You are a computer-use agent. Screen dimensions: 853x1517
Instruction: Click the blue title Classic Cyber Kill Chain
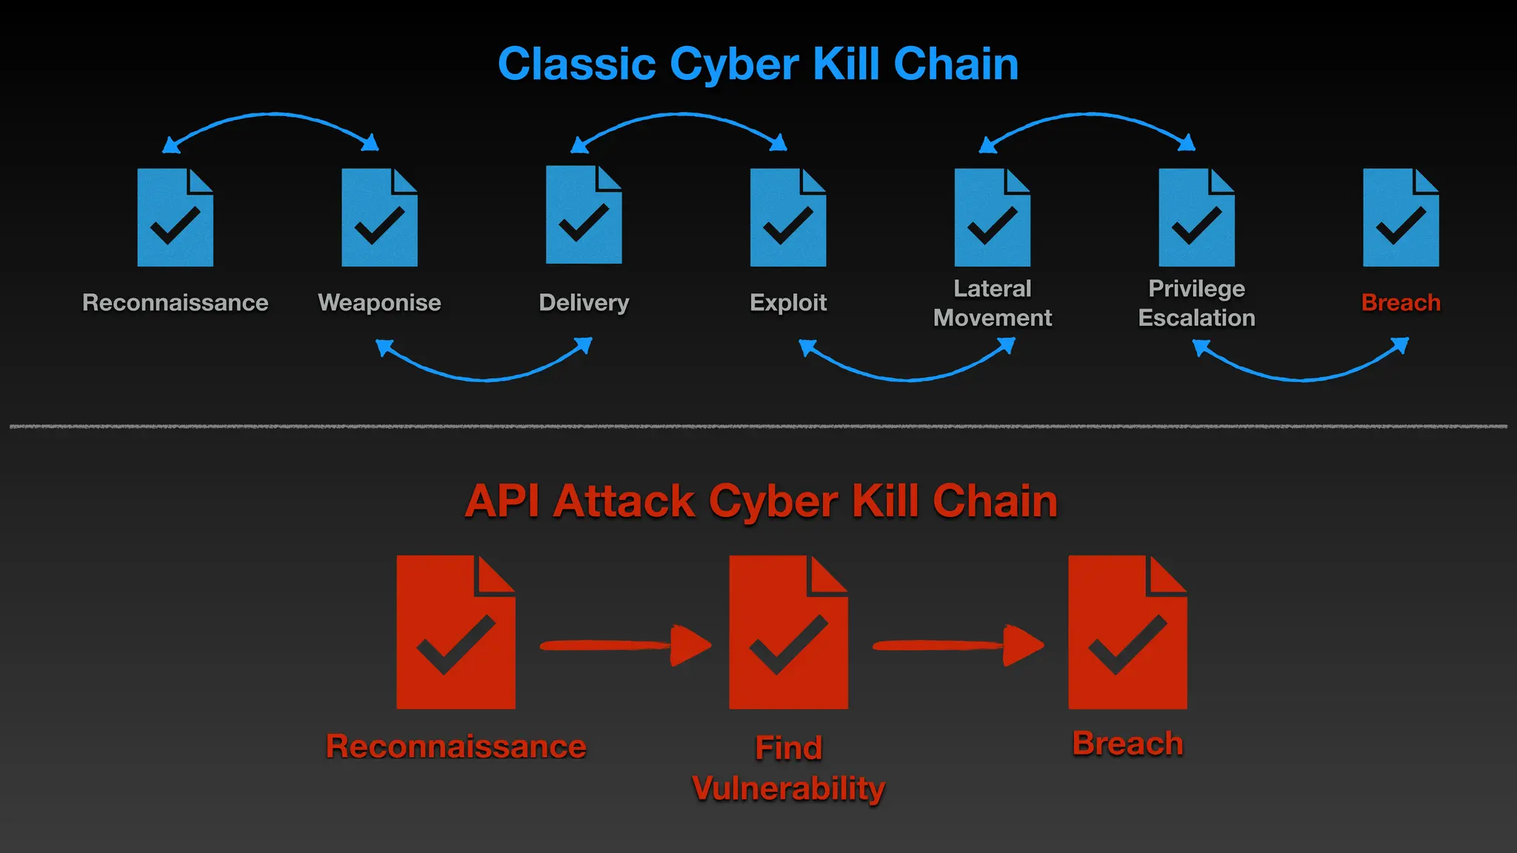(x=758, y=64)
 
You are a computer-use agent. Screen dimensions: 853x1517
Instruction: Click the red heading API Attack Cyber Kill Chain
(x=761, y=501)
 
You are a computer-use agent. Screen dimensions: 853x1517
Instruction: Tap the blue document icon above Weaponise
(x=379, y=218)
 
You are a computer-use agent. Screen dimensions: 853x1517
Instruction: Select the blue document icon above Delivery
(x=584, y=215)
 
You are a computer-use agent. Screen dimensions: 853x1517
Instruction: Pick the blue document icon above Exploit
(x=787, y=218)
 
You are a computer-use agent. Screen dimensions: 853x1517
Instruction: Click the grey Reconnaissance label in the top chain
(x=175, y=303)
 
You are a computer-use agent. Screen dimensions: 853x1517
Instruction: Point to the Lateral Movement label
(x=992, y=303)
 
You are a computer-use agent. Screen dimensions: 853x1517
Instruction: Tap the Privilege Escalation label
(x=1196, y=303)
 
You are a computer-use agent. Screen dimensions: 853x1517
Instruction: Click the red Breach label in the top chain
(x=1401, y=303)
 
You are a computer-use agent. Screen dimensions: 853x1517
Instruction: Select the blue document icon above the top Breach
(x=1401, y=218)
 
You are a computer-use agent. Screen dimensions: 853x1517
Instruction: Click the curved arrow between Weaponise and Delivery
(x=484, y=378)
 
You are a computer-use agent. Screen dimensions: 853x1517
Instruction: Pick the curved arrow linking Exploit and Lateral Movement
(x=907, y=378)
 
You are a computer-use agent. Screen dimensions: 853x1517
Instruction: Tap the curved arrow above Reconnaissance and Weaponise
(x=272, y=116)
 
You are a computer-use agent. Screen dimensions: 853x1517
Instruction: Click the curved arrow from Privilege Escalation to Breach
(x=1301, y=378)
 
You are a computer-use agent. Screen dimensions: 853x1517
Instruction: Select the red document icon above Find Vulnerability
(x=788, y=633)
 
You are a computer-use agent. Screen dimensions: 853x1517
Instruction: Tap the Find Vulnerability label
(x=788, y=768)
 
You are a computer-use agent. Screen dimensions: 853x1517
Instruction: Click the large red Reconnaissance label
(x=456, y=746)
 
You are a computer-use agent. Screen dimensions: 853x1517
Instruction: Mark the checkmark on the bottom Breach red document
(x=1127, y=646)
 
